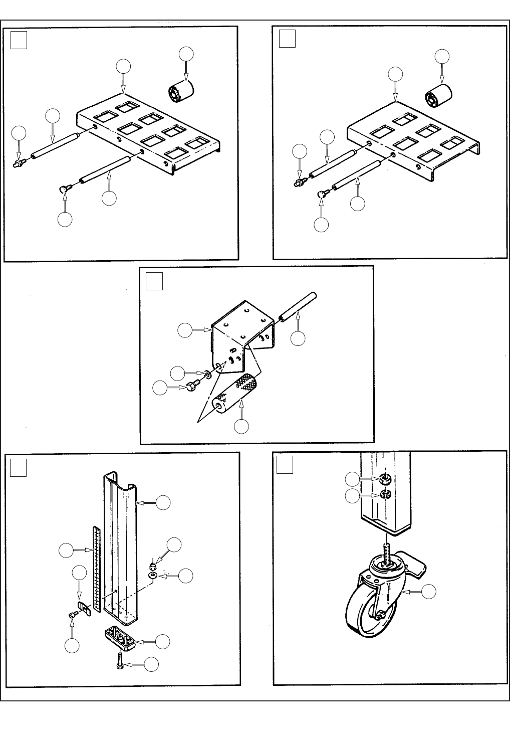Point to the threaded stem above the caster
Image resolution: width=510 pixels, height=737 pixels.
click(x=386, y=549)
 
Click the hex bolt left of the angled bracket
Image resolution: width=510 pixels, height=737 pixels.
click(x=192, y=387)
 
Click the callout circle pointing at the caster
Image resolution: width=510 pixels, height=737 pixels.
click(x=428, y=592)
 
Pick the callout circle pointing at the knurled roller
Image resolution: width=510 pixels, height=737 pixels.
click(x=241, y=426)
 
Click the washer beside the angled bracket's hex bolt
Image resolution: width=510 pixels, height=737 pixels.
click(x=206, y=374)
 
